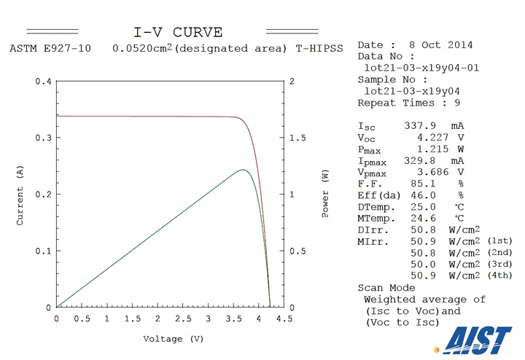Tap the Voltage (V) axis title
tap(173, 339)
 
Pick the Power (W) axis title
tap(325, 194)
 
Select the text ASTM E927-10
tap(42, 48)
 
